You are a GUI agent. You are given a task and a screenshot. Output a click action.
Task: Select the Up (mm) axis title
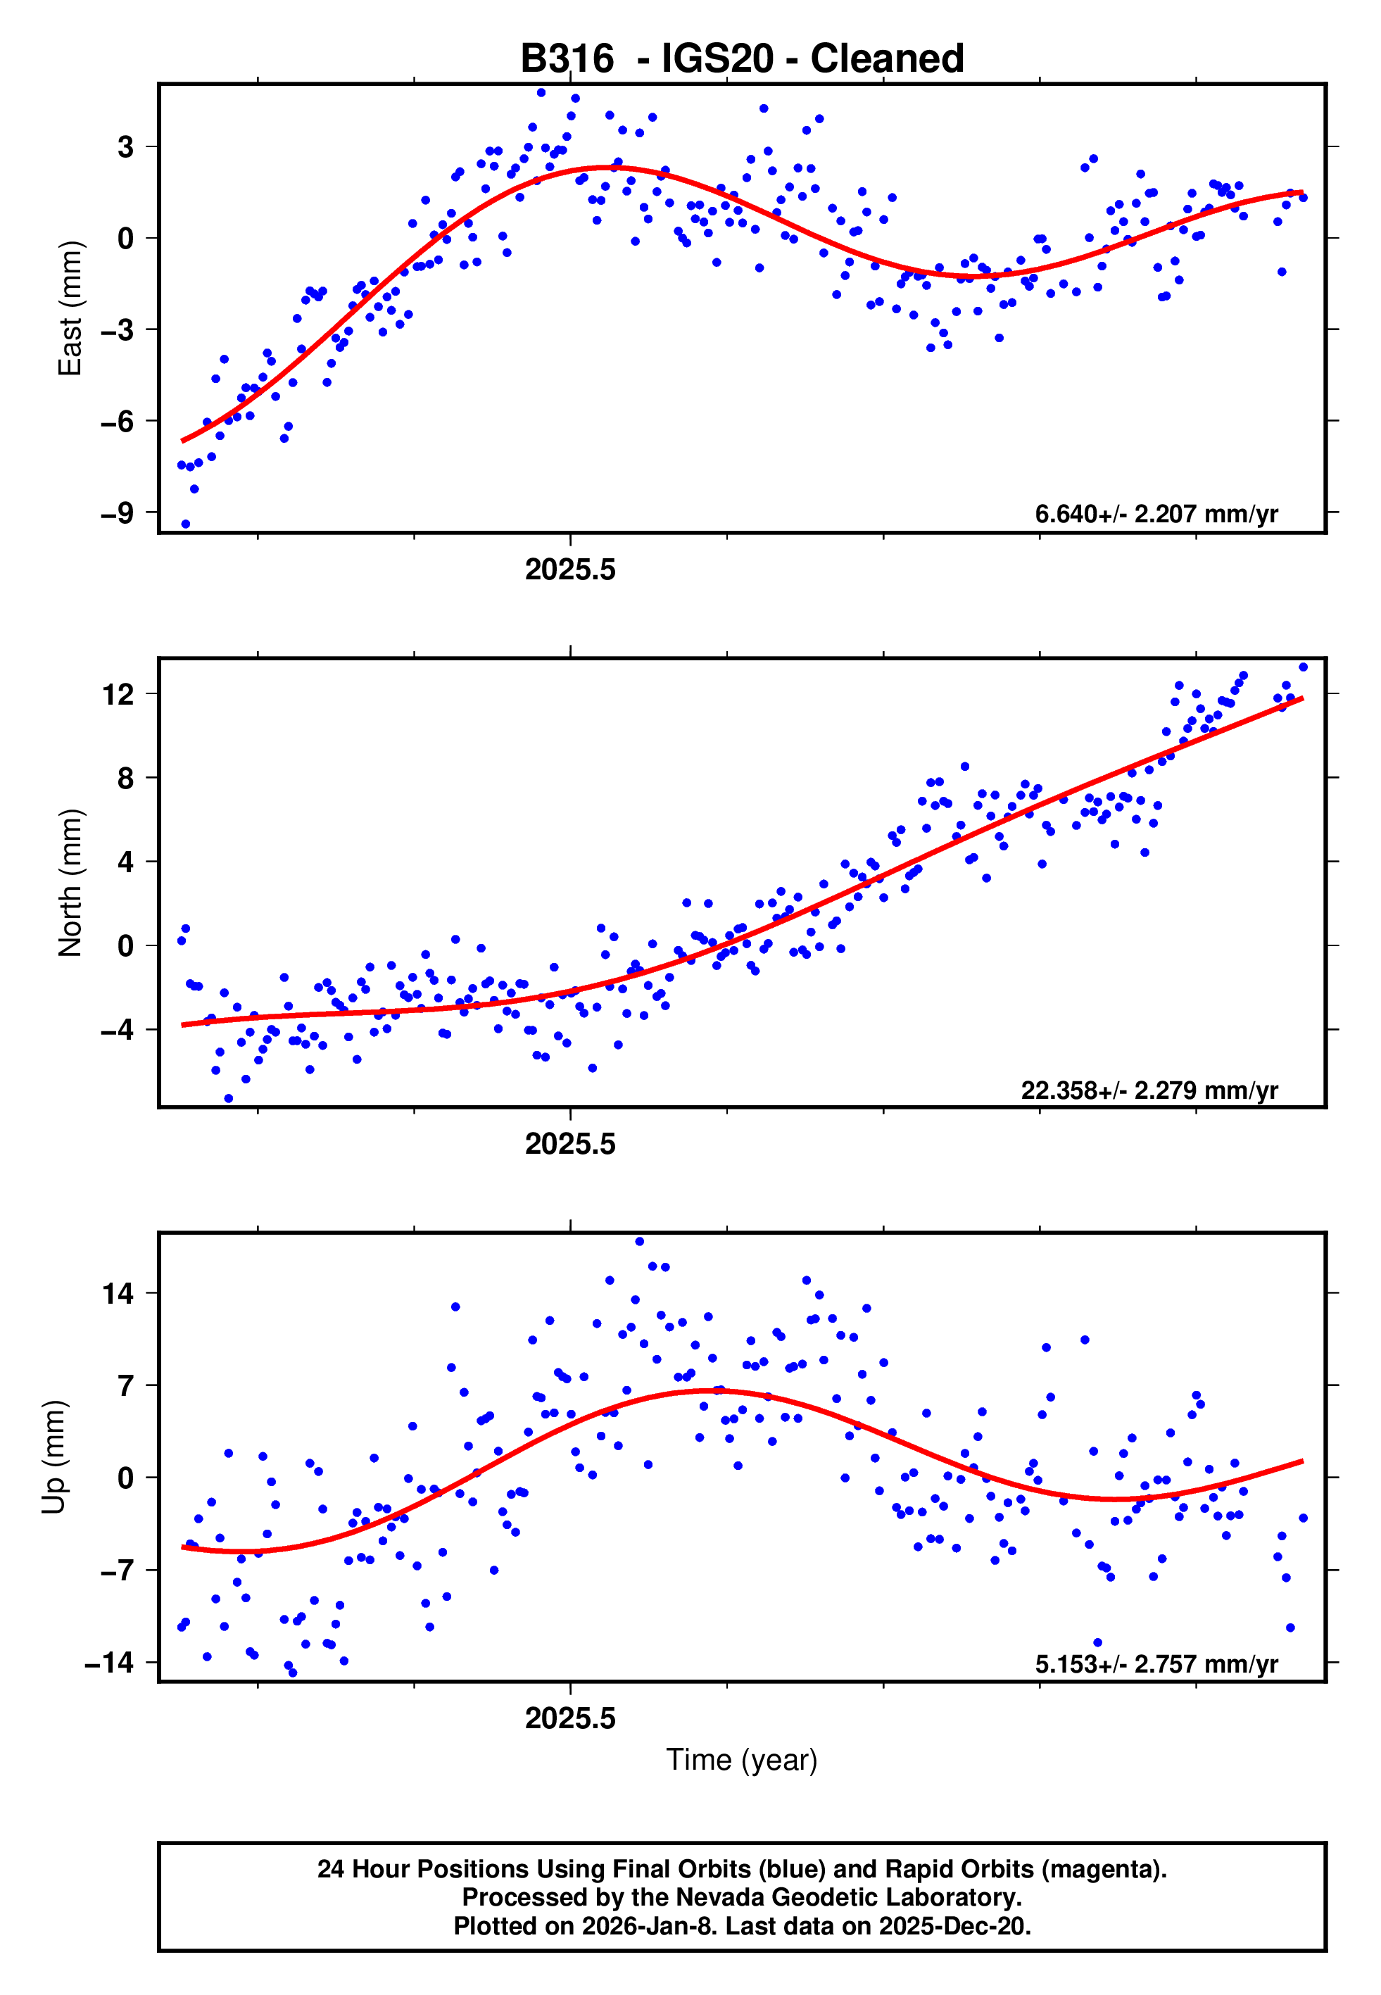pyautogui.click(x=53, y=1457)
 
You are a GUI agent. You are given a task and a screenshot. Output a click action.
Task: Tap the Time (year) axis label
pyautogui.click(x=742, y=1761)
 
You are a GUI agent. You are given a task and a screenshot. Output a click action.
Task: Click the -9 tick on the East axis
pyautogui.click(x=117, y=513)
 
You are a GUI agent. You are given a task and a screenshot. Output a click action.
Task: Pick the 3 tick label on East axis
pyautogui.click(x=126, y=147)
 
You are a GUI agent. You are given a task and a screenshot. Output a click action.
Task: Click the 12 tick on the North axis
pyautogui.click(x=118, y=694)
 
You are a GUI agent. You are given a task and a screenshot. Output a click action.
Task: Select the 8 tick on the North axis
pyautogui.click(x=126, y=778)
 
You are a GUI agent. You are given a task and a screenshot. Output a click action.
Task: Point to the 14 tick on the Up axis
pyautogui.click(x=118, y=1295)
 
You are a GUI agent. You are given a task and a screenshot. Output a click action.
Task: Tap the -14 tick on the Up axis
pyautogui.click(x=109, y=1663)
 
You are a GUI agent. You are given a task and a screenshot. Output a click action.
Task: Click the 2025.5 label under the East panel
pyautogui.click(x=570, y=570)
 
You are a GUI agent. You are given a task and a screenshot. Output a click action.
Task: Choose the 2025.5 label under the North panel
pyautogui.click(x=570, y=1145)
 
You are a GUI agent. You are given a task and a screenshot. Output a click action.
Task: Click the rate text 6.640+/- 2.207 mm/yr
pyautogui.click(x=1156, y=515)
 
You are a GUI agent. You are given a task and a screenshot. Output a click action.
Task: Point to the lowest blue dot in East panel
pyautogui.click(x=185, y=524)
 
